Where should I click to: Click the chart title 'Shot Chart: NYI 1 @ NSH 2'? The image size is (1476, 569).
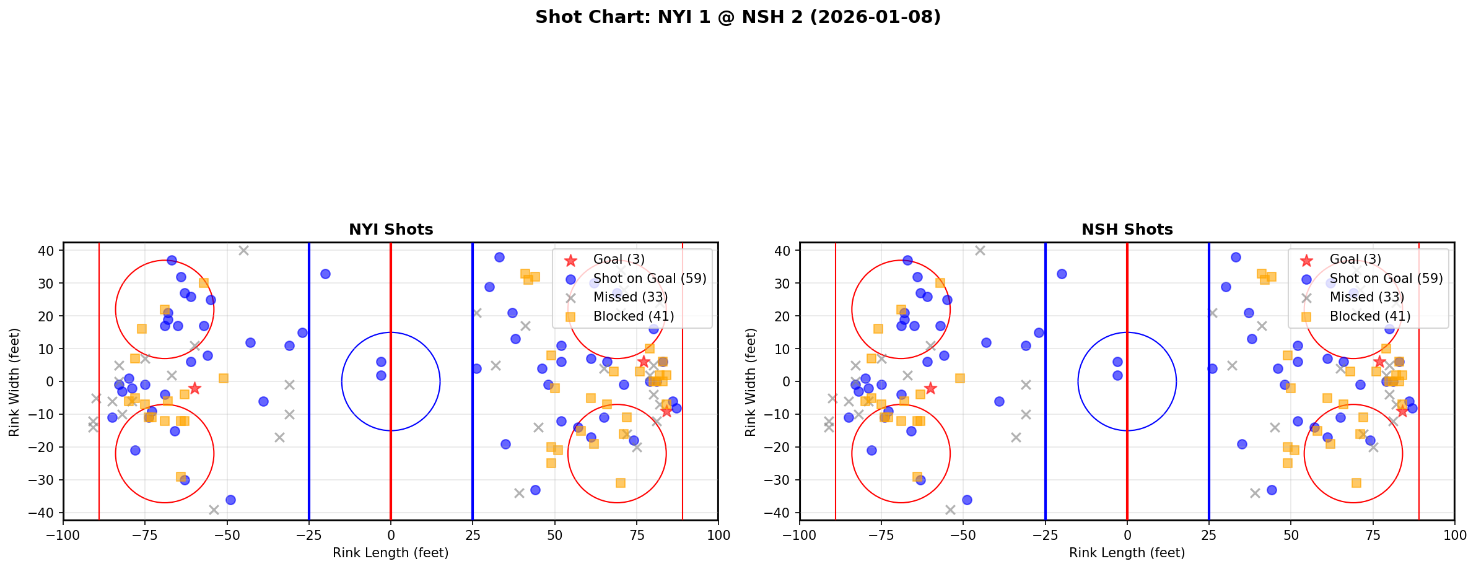coord(738,17)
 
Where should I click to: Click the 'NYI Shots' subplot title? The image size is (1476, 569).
coord(391,230)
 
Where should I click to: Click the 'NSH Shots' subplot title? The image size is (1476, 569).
coord(1127,230)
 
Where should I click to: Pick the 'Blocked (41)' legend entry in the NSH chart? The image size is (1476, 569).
coord(1369,316)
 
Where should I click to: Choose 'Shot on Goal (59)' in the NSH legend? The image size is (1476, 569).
coord(1386,279)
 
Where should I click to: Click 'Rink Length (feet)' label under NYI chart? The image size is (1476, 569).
coord(391,553)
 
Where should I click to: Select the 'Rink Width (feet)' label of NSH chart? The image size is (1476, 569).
coord(751,382)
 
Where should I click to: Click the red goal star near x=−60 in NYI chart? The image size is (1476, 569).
coord(194,388)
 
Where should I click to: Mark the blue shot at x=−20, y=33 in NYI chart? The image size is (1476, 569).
coord(325,274)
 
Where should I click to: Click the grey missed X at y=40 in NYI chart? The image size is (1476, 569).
coord(243,251)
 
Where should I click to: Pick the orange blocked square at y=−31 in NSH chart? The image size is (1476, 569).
coord(1356,483)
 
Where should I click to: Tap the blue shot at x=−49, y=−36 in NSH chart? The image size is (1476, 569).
coord(966,500)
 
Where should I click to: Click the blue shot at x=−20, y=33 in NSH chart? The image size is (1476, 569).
coord(1062,274)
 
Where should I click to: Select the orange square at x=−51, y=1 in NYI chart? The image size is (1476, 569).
coord(224,378)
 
